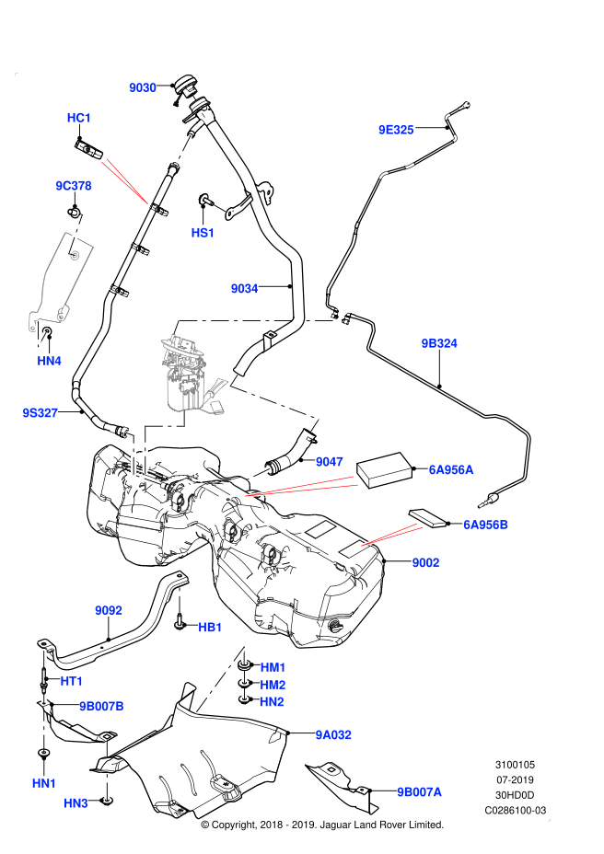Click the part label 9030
point(143,87)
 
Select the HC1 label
point(79,118)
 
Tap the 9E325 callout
point(396,130)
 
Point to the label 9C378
point(74,186)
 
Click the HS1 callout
point(203,233)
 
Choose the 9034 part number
point(244,289)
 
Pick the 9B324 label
point(439,343)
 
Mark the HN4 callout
point(49,361)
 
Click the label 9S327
point(41,413)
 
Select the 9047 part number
point(330,462)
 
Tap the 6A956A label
point(451,470)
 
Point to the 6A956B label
point(485,525)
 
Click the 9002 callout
point(425,562)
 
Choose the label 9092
point(109,610)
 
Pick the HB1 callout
point(210,628)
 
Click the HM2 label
point(273,685)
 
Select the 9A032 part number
point(333,735)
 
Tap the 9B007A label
point(419,792)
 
